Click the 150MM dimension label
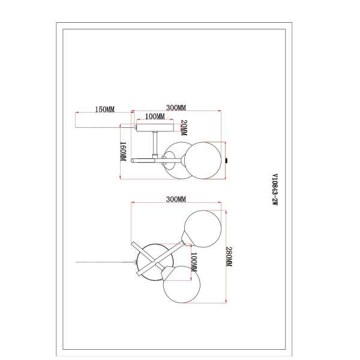[105, 109]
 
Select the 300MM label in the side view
[176, 108]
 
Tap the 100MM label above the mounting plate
[155, 116]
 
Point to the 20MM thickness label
[184, 127]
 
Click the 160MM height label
[123, 151]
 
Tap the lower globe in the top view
[181, 286]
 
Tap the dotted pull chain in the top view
[102, 262]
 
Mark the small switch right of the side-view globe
[227, 160]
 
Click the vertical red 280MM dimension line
[224, 255]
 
